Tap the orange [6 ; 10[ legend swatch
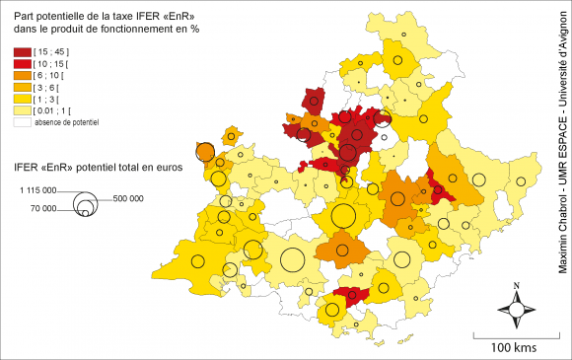click(x=22, y=75)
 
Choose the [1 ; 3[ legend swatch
click(x=22, y=99)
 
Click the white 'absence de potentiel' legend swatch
click(x=22, y=122)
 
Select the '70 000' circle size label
click(x=43, y=208)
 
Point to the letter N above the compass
click(x=516, y=287)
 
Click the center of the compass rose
click(x=516, y=310)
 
